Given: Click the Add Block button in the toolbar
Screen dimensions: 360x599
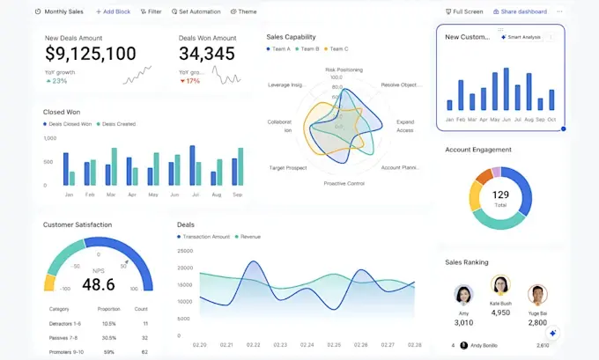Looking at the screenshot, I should tap(113, 11).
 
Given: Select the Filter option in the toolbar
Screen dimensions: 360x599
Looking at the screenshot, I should tap(151, 11).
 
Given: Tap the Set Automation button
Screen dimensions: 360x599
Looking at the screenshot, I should tap(196, 11).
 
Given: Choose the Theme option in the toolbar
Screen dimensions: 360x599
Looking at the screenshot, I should tap(244, 11).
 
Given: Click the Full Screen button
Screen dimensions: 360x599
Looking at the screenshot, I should tap(464, 11).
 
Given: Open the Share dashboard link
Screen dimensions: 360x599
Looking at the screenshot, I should tap(520, 11).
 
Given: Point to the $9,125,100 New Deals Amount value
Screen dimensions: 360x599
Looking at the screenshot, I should tap(91, 54).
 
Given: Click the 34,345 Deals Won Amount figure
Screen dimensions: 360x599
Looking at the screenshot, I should tap(207, 54).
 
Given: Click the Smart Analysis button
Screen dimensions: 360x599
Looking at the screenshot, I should tap(521, 37).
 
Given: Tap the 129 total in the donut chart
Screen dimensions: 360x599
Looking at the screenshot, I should tap(500, 195).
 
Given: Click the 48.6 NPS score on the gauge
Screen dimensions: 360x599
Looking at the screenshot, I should tap(98, 284).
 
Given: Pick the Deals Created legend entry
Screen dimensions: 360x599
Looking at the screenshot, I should tap(116, 124).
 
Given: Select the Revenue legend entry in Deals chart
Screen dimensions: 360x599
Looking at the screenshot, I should tap(248, 237).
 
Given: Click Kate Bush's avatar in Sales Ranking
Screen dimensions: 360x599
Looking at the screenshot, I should tap(500, 285).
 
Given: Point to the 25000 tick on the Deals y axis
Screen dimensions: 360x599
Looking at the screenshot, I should tap(185, 253).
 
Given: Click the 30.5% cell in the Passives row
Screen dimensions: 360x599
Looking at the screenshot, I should tap(109, 338).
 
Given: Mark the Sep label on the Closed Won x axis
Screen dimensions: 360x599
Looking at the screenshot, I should tap(237, 194).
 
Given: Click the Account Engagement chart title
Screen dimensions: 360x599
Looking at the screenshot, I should tap(478, 150).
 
